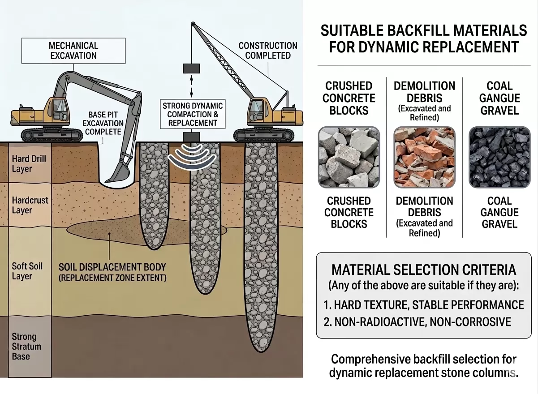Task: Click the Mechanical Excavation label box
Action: click(x=73, y=51)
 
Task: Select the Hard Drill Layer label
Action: click(x=29, y=163)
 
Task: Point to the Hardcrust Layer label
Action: click(x=30, y=205)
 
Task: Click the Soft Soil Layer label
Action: click(x=27, y=271)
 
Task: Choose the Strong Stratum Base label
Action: click(x=26, y=346)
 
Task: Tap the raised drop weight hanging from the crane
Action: click(x=191, y=69)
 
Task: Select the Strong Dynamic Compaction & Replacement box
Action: click(x=193, y=114)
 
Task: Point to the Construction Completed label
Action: click(x=268, y=51)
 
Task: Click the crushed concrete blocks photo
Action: click(x=349, y=157)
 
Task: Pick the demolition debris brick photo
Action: click(x=424, y=157)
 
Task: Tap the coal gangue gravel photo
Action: click(x=499, y=157)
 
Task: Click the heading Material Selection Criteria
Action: click(x=424, y=270)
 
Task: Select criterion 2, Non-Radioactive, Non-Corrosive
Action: click(x=417, y=322)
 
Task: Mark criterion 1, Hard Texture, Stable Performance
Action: click(x=424, y=305)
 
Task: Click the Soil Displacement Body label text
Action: click(x=112, y=272)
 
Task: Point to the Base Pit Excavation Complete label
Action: click(x=103, y=123)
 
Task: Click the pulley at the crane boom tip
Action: click(x=193, y=24)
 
